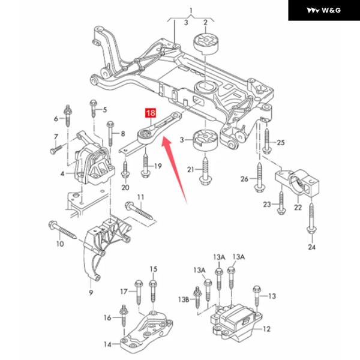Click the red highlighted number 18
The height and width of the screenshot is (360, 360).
151,113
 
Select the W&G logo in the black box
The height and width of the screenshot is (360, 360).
324,10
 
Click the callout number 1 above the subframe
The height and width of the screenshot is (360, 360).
191,11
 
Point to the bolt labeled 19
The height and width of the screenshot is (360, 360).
146,165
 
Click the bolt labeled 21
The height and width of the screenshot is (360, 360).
205,170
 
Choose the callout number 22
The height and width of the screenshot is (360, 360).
298,208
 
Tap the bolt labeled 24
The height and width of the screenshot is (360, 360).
311,218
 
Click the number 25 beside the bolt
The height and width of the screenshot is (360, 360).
281,143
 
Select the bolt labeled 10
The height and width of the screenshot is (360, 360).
62,230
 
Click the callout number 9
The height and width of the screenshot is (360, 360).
91,293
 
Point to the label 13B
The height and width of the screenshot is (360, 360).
184,299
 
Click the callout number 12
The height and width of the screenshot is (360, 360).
266,329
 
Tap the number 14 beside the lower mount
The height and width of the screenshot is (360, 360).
107,344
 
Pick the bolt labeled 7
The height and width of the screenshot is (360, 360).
56,149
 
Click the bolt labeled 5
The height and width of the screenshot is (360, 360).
93,109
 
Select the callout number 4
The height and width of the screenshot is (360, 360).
62,173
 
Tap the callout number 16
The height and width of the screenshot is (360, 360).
107,318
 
